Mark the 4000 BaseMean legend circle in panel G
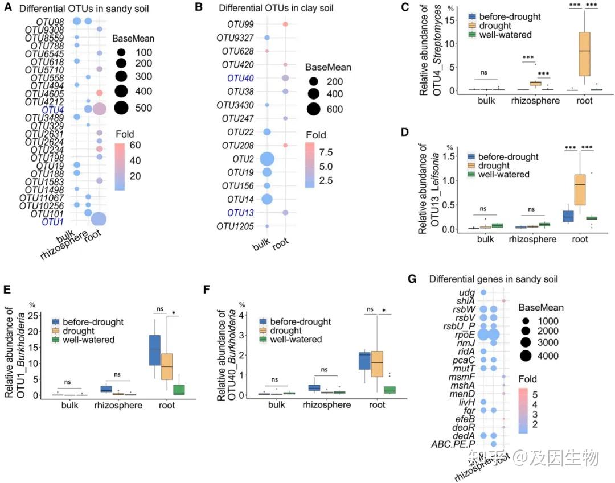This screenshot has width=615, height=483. (x=525, y=356)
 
